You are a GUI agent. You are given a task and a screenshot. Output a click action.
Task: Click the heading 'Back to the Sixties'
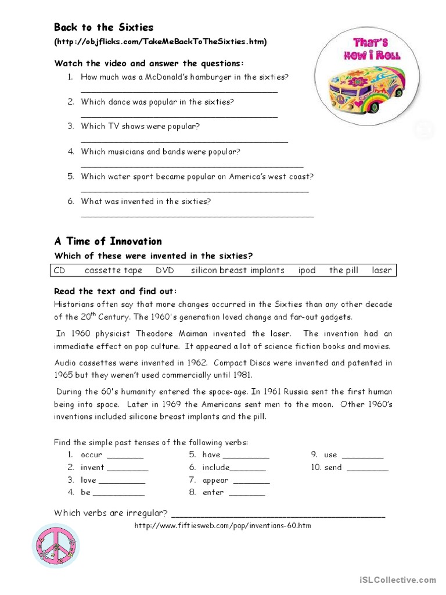point(103,27)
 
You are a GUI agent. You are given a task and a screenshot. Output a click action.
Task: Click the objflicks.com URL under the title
point(161,42)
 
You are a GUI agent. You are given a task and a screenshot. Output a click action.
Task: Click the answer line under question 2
point(179,117)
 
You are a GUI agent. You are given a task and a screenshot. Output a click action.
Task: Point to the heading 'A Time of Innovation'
point(108,241)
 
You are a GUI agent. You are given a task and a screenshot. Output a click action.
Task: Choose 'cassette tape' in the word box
point(113,270)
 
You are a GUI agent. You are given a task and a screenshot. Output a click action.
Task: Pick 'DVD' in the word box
point(165,270)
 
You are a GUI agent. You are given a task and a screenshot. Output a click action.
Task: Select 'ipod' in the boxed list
point(307,270)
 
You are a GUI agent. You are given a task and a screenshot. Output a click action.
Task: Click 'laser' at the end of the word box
point(382,270)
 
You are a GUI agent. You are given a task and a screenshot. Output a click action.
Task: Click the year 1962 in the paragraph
point(195,363)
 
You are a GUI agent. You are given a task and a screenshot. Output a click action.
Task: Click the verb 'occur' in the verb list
point(91,455)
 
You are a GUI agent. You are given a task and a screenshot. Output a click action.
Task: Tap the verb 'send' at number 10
point(333,468)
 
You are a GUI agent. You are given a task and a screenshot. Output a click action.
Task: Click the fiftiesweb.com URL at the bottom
point(222,526)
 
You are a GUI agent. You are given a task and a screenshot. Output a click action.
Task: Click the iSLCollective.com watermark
point(397,579)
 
